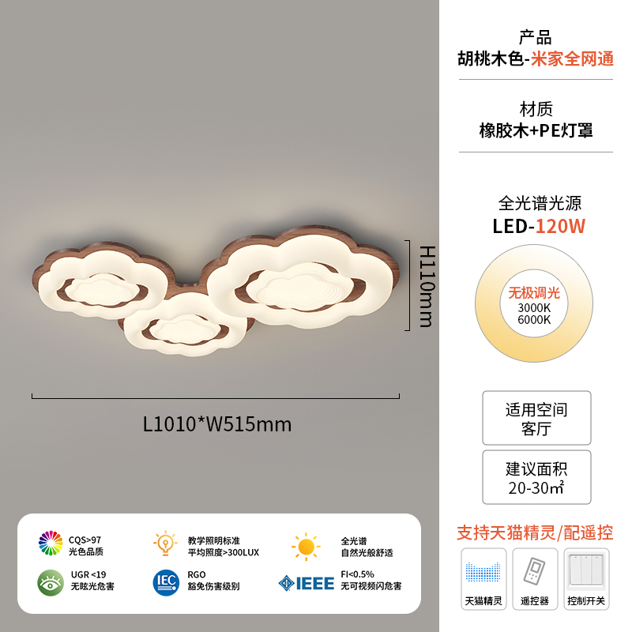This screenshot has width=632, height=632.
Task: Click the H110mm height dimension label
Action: pyautogui.click(x=426, y=285)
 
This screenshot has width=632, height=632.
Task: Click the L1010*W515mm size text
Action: pyautogui.click(x=217, y=424)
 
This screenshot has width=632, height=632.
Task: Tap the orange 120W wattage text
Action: pyautogui.click(x=561, y=226)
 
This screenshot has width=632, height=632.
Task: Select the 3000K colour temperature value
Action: pyautogui.click(x=535, y=307)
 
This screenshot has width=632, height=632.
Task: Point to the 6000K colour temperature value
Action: pyautogui.click(x=535, y=320)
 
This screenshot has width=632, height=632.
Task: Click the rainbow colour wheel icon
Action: pyautogui.click(x=51, y=543)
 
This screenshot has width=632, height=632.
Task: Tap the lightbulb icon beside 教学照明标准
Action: pyautogui.click(x=165, y=544)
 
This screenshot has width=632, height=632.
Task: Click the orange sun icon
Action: pyautogui.click(x=306, y=546)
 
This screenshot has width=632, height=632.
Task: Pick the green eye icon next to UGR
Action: pyautogui.click(x=51, y=582)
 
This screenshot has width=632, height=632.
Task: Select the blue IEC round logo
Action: pyautogui.click(x=166, y=582)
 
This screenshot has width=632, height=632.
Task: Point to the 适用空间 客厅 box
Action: pyautogui.click(x=536, y=419)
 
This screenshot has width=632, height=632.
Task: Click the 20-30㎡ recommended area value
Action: pyautogui.click(x=536, y=487)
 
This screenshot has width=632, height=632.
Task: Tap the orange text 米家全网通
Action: pyautogui.click(x=572, y=59)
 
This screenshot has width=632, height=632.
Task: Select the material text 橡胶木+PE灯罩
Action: pyautogui.click(x=536, y=130)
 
